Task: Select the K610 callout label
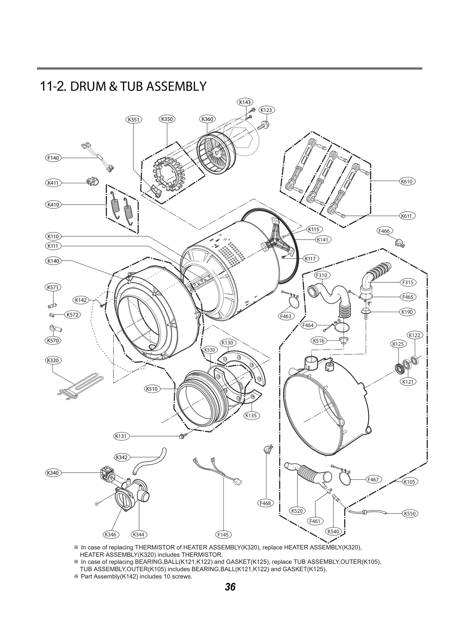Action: (x=407, y=181)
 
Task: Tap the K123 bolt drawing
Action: (x=264, y=126)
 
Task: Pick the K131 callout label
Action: (x=121, y=436)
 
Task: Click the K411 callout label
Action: (x=53, y=183)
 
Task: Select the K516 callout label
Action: (x=319, y=341)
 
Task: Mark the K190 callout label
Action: (x=407, y=312)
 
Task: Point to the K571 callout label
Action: (x=53, y=287)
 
